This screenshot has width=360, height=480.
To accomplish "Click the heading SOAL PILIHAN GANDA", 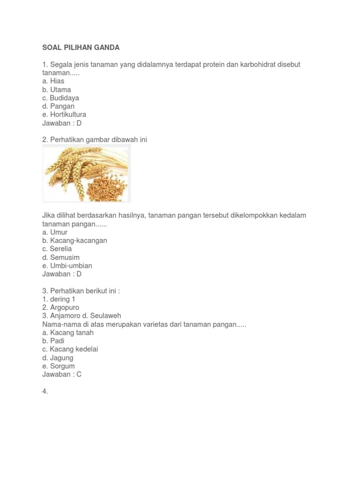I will (81, 47).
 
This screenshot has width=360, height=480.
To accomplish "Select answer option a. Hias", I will (53, 81).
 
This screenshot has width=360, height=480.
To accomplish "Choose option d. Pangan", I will (58, 106).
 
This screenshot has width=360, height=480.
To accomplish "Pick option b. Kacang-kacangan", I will (75, 240).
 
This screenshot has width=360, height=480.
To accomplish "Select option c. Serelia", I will (57, 249).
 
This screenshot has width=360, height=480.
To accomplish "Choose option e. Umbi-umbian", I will (67, 266).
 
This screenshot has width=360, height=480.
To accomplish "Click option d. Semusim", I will (61, 257).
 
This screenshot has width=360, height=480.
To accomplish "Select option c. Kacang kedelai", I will (70, 349).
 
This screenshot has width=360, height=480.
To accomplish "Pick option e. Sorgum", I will (58, 366).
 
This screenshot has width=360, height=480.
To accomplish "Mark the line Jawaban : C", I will (62, 375).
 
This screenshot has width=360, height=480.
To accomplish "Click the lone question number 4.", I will (45, 391).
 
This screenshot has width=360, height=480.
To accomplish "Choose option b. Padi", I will (53, 341).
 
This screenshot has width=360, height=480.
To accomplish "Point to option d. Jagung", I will (58, 358).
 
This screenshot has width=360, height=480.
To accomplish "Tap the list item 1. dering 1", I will (59, 299).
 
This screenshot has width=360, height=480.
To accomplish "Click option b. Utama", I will (56, 90).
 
